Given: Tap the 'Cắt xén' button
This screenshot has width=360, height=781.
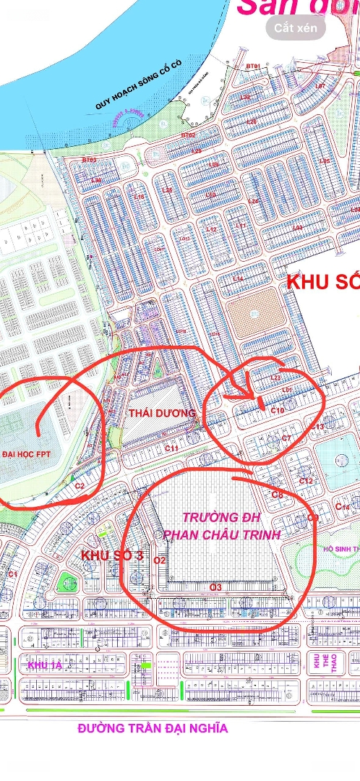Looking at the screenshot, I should pyautogui.click(x=296, y=27).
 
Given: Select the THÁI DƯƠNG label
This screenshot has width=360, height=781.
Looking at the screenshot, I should pyautogui.click(x=162, y=413).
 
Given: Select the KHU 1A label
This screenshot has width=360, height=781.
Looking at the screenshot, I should pyautogui.click(x=46, y=665).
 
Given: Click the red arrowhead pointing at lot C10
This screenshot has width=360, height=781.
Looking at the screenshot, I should pyautogui.click(x=250, y=398).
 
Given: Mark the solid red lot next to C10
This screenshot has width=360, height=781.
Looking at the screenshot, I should pyautogui.click(x=261, y=404).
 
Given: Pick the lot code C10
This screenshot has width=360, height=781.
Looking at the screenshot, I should pyautogui.click(x=278, y=411).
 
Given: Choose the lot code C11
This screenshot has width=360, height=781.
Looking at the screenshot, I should pyautogui.click(x=172, y=449).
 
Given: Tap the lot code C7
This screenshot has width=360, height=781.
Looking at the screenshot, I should pyautogui.click(x=286, y=438).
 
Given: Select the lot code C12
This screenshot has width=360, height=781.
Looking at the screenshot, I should pyautogui.click(x=306, y=481).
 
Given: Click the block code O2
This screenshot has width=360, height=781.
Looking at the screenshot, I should pyautogui.click(x=160, y=560).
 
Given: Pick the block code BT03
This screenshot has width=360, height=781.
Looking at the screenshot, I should pyautogui.click(x=89, y=160).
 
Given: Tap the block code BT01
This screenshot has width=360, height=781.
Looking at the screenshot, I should pyautogui.click(x=253, y=67).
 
